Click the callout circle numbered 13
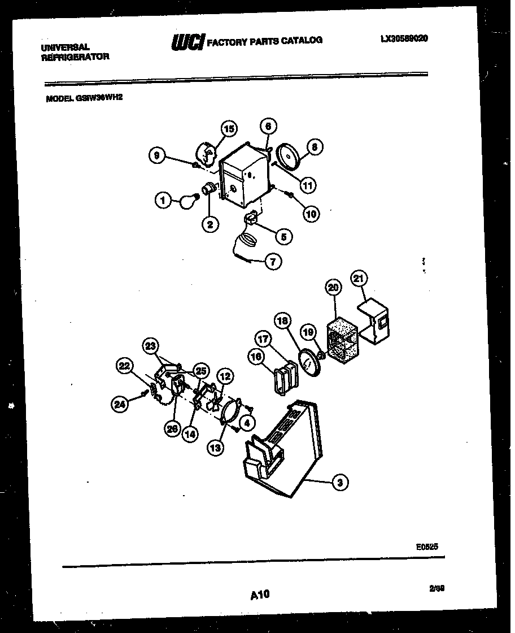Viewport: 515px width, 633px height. pyautogui.click(x=216, y=448)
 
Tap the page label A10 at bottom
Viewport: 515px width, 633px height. pyautogui.click(x=259, y=594)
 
